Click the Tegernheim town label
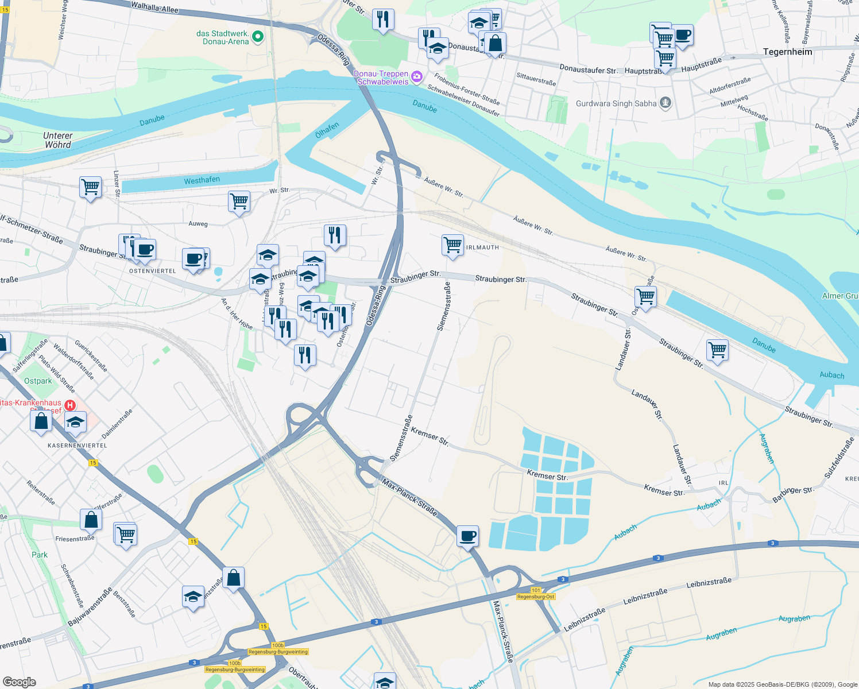788,52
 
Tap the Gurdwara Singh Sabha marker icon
665,103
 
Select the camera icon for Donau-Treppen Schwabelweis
417,76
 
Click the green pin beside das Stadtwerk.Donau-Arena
258,37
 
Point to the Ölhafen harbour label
327,130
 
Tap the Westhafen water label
202,180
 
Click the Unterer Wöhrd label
57,140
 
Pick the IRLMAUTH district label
482,247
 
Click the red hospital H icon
70,405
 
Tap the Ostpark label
38,381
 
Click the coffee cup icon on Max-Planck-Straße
468,536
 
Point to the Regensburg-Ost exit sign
535,597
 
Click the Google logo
19,682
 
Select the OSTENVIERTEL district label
153,271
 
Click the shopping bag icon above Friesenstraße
91,520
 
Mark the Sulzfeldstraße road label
839,458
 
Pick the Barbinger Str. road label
793,494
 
